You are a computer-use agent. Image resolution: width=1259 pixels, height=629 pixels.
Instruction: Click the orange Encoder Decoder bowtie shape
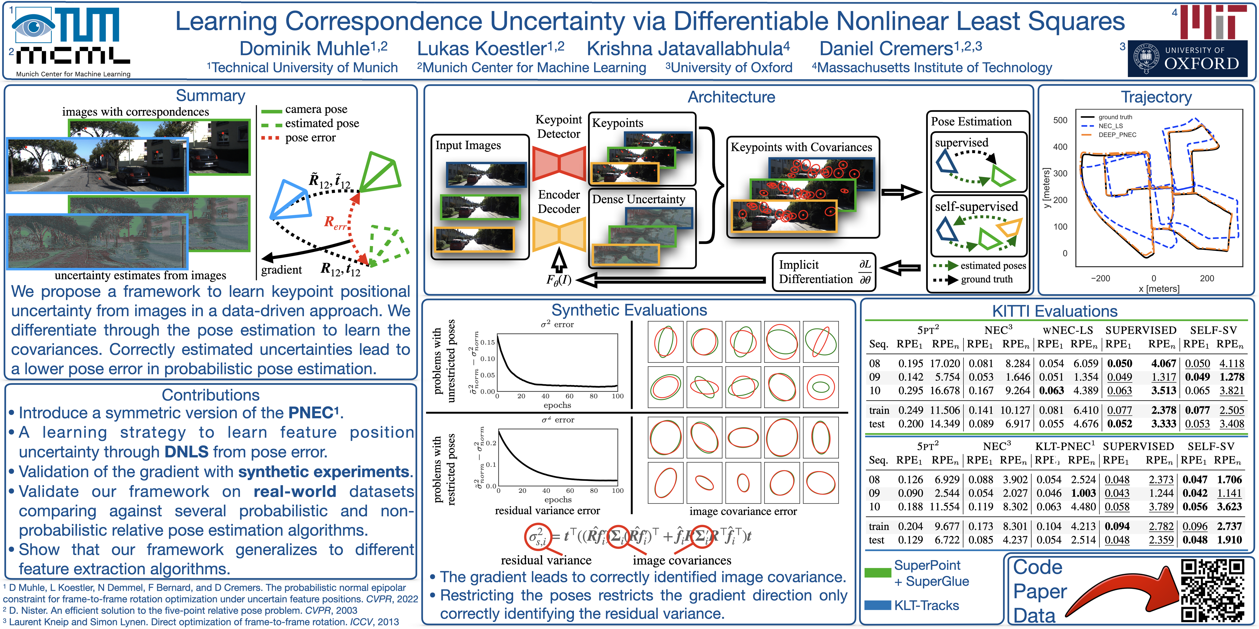(559, 234)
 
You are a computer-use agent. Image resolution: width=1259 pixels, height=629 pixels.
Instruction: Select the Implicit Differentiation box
(824, 272)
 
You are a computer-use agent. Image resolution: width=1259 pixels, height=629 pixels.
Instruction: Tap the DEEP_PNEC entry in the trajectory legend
(1117, 135)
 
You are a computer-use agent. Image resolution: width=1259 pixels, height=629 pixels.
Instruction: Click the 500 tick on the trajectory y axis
(1060, 120)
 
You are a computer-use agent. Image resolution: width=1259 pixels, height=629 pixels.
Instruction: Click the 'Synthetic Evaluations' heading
(629, 310)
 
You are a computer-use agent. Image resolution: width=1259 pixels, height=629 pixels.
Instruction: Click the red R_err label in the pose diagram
(335, 223)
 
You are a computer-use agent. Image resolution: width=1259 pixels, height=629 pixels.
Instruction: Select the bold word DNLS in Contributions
(186, 452)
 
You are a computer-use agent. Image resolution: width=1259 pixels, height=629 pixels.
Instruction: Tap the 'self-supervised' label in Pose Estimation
(976, 207)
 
